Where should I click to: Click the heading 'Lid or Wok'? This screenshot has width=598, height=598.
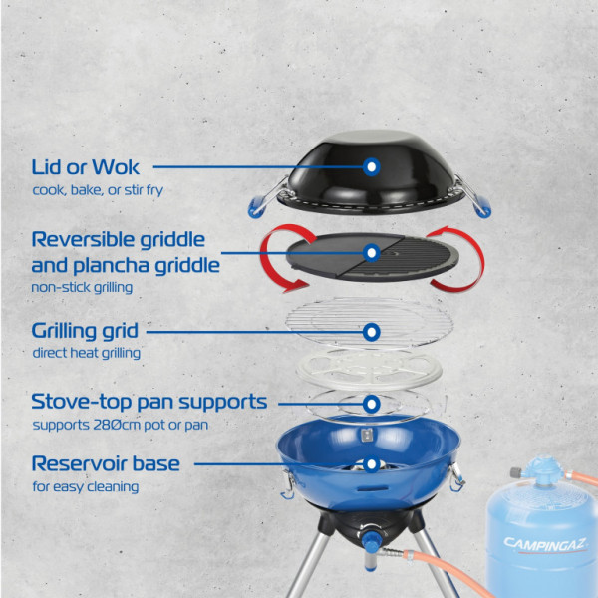pyautogui.click(x=85, y=167)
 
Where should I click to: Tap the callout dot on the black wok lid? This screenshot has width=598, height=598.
pyautogui.click(x=371, y=167)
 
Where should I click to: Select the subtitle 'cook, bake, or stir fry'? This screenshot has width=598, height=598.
pyautogui.click(x=98, y=190)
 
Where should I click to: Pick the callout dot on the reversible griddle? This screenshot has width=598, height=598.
pyautogui.click(x=371, y=253)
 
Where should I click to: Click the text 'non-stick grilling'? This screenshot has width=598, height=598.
pyautogui.click(x=82, y=287)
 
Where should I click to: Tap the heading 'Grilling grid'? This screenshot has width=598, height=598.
pyautogui.click(x=85, y=331)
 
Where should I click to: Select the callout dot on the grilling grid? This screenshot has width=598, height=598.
pyautogui.click(x=371, y=332)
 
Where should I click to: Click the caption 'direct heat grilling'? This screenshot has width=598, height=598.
pyautogui.click(x=86, y=353)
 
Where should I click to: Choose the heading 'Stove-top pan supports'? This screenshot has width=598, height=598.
pyautogui.click(x=149, y=402)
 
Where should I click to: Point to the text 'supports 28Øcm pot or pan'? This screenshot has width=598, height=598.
pyautogui.click(x=121, y=425)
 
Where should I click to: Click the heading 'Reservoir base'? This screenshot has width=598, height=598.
pyautogui.click(x=106, y=464)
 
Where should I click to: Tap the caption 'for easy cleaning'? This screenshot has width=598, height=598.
pyautogui.click(x=86, y=486)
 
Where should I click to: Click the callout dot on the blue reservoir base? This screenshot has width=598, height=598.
pyautogui.click(x=371, y=464)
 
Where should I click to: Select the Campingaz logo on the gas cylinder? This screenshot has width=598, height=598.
pyautogui.click(x=545, y=544)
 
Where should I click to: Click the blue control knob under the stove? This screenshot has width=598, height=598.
pyautogui.click(x=371, y=541)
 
